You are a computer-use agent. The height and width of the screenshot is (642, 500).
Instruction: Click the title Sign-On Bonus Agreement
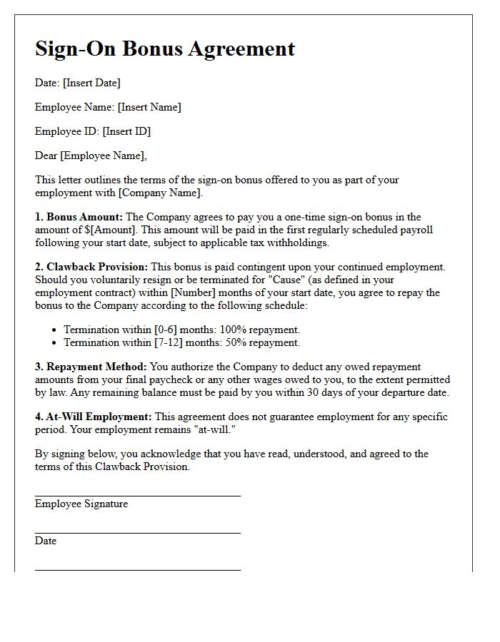[x=165, y=49]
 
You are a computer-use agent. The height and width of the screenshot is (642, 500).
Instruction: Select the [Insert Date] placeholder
[x=91, y=83]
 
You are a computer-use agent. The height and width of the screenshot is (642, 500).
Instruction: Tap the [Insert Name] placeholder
[x=149, y=107]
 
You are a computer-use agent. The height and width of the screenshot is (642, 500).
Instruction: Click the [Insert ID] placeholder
[x=126, y=131]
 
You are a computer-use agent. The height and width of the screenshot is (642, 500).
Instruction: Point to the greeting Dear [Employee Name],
[x=91, y=156]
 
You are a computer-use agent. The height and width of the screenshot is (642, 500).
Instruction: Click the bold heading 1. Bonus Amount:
[x=79, y=217]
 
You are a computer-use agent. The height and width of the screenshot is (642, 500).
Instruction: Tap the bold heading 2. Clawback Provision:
[x=91, y=267]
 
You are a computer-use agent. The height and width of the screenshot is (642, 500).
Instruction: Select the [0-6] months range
[x=166, y=330]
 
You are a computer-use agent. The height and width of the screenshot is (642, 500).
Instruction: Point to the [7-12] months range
[x=169, y=342]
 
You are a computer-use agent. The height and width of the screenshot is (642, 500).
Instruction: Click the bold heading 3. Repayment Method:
[x=91, y=367]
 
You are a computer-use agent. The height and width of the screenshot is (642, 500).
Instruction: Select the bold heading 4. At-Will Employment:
[x=94, y=417]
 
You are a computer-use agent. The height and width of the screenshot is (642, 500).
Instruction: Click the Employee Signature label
[x=81, y=504]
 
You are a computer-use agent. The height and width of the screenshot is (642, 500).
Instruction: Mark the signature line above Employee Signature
[x=137, y=496]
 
